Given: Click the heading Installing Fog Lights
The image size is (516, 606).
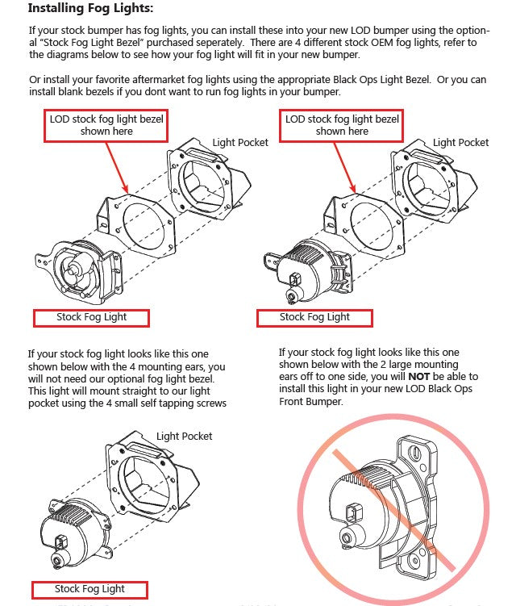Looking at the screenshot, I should (x=89, y=9).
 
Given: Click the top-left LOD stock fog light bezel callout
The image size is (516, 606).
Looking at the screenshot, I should (x=106, y=125).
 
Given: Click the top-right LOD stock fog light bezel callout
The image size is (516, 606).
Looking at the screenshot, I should (x=342, y=125).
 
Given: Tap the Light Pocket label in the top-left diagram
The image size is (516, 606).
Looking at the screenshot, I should (x=240, y=143).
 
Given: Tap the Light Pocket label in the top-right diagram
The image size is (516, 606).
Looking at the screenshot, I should (x=460, y=143).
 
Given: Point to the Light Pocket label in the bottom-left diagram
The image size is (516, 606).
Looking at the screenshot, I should (x=185, y=437).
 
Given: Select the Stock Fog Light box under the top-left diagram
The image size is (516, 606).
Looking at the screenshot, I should (x=91, y=317).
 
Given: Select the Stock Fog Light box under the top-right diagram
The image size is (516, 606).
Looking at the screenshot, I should (x=314, y=317).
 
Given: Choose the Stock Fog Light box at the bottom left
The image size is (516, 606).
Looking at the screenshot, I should (x=89, y=589).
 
